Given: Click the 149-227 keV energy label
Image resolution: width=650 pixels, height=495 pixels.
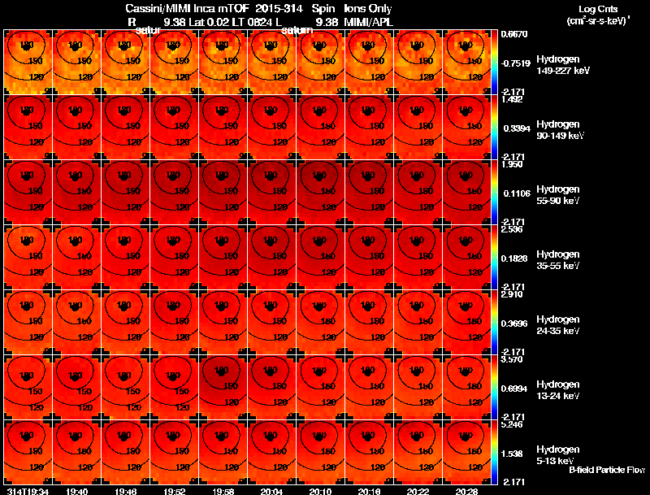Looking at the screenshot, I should (561, 71).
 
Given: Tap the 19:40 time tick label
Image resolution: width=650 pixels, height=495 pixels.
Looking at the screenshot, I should (77, 491).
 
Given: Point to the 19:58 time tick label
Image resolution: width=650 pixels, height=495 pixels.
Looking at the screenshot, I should (223, 491).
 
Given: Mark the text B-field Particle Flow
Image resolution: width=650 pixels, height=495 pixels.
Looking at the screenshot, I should (606, 470).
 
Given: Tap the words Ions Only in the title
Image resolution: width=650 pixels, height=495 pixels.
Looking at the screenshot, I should (368, 7).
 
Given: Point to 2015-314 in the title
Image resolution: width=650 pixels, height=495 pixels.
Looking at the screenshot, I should (277, 7).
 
